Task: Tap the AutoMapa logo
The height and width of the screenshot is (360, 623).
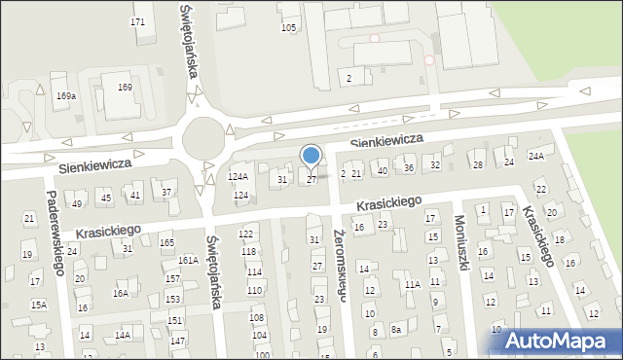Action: pos(560,341)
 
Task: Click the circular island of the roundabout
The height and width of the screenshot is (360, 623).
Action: pos(202,136)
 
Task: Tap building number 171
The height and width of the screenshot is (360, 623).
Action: pos(138,21)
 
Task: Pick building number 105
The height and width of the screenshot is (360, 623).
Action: pos(288,27)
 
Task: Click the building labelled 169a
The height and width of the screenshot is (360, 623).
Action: pos(66,95)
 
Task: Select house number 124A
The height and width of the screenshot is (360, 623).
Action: pos(238,176)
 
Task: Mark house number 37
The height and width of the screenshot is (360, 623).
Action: pos(166,192)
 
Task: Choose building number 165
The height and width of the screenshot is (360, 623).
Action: pos(166,242)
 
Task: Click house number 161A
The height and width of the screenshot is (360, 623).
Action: pos(188,260)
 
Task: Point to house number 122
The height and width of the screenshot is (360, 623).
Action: pos(246,234)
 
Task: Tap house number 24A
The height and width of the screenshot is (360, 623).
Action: pos(536,156)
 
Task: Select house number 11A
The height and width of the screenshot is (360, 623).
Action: pos(412,284)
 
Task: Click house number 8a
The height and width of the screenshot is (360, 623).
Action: pos(396,330)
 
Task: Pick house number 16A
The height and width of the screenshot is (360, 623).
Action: pos(121,292)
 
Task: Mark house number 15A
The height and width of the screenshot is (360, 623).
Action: pos(38,305)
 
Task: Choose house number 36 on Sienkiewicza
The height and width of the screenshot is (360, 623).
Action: pos(409,167)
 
